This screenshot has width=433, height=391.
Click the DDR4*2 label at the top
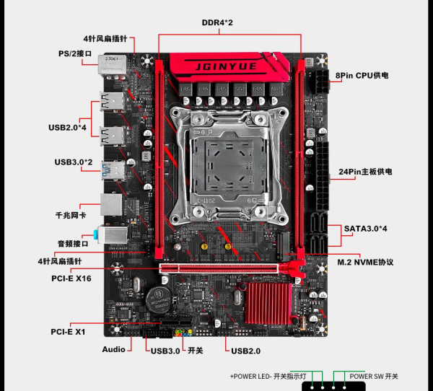(217, 22)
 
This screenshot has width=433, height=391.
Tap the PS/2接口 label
(75, 53)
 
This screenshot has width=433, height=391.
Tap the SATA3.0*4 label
(366, 229)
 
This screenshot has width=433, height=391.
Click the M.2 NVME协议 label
(365, 260)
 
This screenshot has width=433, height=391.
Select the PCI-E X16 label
(72, 277)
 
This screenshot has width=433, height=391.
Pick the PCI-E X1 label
(69, 332)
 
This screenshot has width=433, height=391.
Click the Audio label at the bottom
(113, 349)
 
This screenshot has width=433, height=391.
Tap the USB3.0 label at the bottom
(166, 351)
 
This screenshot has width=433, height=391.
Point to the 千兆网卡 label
(71, 215)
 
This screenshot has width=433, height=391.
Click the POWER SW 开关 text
(374, 377)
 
